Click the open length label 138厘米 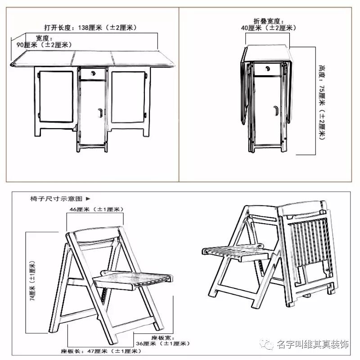90,27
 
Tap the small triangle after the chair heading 88,198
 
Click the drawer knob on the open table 93,73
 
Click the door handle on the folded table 275,109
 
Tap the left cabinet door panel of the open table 56,97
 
